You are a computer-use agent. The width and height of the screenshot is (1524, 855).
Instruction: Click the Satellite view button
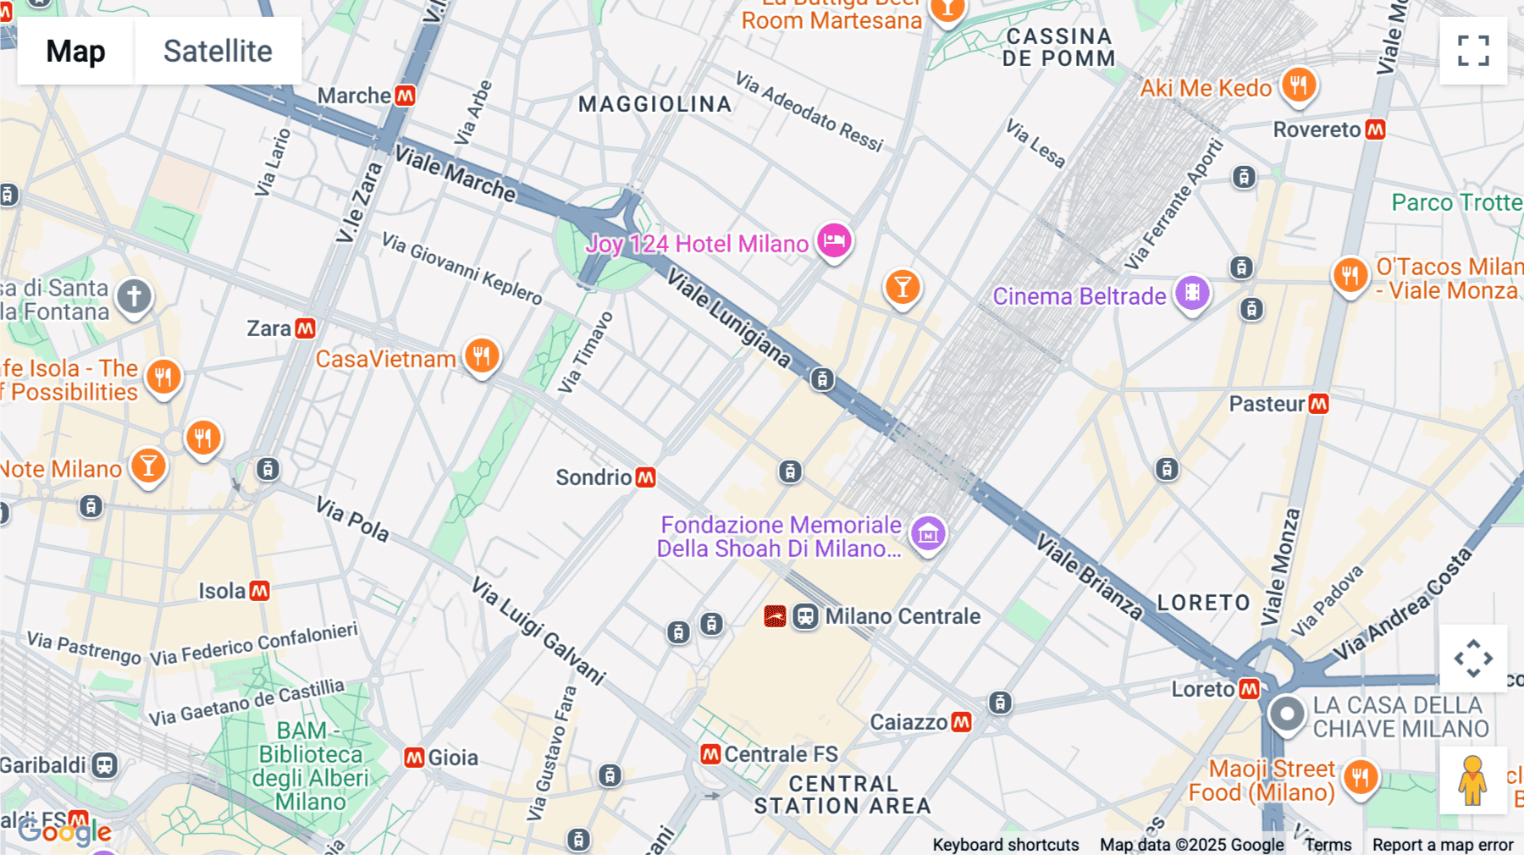point(218,51)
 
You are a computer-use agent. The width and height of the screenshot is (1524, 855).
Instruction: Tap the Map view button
point(75,51)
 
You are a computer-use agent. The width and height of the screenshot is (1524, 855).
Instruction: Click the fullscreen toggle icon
point(1473,51)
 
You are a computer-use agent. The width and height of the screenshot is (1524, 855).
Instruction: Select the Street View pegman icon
point(1472,781)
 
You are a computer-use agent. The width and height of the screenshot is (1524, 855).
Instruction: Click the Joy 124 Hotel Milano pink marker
point(834,241)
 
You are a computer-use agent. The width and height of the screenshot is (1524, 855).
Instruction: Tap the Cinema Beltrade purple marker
point(1192,293)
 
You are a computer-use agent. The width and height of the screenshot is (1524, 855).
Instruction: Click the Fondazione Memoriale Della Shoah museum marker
point(928,533)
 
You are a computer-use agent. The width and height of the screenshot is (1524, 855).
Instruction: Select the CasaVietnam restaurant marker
point(482,356)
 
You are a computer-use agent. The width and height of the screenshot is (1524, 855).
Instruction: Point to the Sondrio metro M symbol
point(646,477)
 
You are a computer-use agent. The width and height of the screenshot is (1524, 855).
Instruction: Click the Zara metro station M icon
point(306,328)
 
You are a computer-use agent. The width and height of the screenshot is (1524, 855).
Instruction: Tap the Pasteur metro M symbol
point(1318,404)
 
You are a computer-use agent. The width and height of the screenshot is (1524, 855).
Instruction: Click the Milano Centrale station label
point(903,616)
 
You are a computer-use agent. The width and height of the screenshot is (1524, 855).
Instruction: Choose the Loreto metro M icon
point(1250,689)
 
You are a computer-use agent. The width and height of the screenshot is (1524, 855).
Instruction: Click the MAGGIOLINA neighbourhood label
point(654,104)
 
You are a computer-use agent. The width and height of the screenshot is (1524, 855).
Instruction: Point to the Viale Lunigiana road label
point(728,318)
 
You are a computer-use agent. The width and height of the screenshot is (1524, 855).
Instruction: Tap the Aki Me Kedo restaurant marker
point(1298,85)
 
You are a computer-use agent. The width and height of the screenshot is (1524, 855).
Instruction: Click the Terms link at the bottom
point(1328,845)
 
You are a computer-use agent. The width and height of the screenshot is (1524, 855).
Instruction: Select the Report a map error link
point(1443,845)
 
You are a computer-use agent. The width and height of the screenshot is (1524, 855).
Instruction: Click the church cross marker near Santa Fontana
point(134,296)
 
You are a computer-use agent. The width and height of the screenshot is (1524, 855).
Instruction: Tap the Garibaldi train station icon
point(105,765)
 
